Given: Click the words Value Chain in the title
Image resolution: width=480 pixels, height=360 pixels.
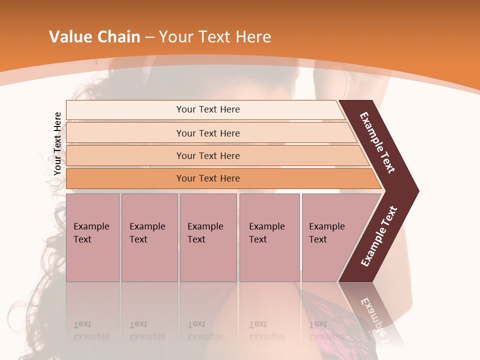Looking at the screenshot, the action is point(94,37).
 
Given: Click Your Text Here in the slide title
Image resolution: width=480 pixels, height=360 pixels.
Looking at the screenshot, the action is point(215,37).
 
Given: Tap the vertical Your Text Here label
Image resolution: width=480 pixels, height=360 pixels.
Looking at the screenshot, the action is point(57,143).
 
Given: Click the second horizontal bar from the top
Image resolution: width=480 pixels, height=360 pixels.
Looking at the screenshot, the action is point(207,133).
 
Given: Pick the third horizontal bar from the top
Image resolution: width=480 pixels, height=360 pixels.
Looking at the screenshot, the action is point(207,155).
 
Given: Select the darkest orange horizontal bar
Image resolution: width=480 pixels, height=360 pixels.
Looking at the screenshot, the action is point(207,178).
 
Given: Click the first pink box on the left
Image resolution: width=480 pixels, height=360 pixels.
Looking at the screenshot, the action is point(92,237).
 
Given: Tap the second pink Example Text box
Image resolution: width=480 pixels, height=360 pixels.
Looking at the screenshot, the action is point(149,237).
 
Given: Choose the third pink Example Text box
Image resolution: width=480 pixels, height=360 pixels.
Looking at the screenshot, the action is point(208,237).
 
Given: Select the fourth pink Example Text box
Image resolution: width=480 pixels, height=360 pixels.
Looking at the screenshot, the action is point(269,237).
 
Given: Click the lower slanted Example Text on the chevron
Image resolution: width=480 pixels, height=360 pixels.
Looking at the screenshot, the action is point(379,236).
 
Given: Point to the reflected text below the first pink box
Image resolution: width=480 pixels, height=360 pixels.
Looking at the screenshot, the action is point(91,330).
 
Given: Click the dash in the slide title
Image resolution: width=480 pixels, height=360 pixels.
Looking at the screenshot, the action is point(149,37).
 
